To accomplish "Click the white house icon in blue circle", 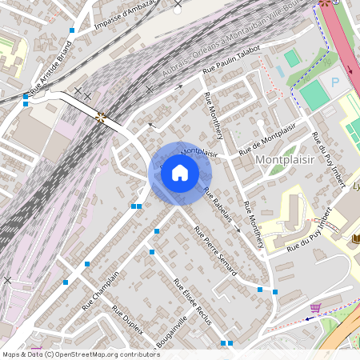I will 180,173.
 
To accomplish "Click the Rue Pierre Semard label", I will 215,251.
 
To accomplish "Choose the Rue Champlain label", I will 100,290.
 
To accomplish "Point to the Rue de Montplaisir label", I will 267,138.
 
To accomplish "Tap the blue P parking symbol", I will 335,82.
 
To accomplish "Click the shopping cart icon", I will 315,307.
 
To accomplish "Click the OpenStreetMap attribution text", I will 80,354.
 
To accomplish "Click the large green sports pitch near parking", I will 314,94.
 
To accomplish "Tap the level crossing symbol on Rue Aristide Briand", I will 101,117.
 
